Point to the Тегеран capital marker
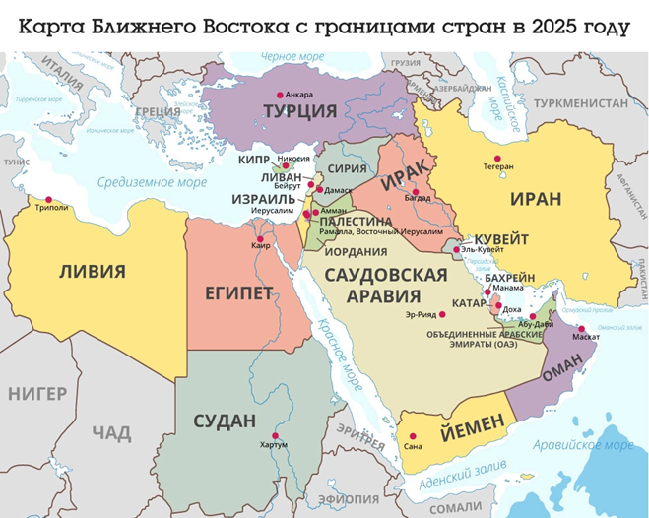(x=497, y=158)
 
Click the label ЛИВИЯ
(x=92, y=271)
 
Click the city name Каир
(x=260, y=246)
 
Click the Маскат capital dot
(x=581, y=329)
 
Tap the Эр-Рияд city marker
(x=443, y=314)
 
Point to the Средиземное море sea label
(x=151, y=182)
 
